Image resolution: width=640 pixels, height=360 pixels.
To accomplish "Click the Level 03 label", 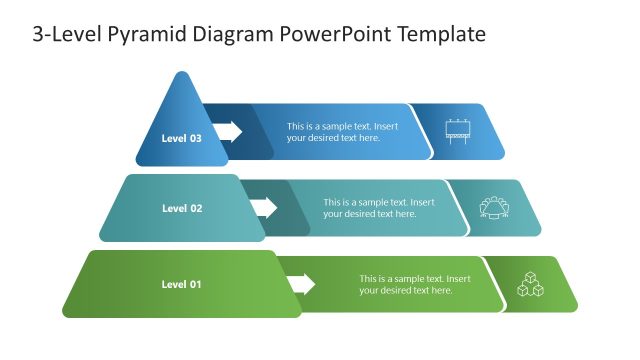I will point(181,138).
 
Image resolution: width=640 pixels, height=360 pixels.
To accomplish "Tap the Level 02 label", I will point(182,208).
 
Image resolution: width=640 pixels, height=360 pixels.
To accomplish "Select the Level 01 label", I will point(181,284).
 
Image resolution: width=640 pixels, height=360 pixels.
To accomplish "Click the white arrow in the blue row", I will point(228,131).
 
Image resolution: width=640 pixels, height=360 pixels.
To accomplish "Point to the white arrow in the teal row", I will point(264,207).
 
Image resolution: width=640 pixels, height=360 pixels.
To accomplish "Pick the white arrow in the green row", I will point(301,284).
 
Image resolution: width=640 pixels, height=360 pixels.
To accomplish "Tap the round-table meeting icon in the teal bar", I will point(494,207).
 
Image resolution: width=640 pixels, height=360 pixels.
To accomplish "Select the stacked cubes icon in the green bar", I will point(530,284).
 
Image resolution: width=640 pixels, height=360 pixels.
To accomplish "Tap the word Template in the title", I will point(441,34).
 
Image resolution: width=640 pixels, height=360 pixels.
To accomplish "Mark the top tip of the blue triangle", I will point(181,73).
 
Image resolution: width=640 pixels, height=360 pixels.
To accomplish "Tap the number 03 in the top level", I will point(195,138).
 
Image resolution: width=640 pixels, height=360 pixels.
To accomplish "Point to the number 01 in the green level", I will point(195,284).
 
